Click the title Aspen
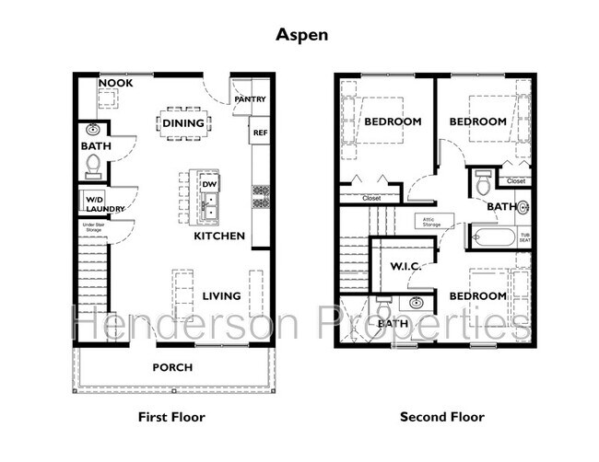click(x=299, y=36)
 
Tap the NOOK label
click(x=115, y=84)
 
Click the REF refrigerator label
click(x=260, y=133)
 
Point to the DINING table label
click(x=183, y=122)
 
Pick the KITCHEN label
click(x=219, y=237)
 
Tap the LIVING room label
click(x=222, y=295)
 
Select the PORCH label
click(x=172, y=367)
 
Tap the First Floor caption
click(x=171, y=417)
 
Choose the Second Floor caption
click(x=441, y=417)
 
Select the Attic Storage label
click(x=432, y=222)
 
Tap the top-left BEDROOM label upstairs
click(x=393, y=121)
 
